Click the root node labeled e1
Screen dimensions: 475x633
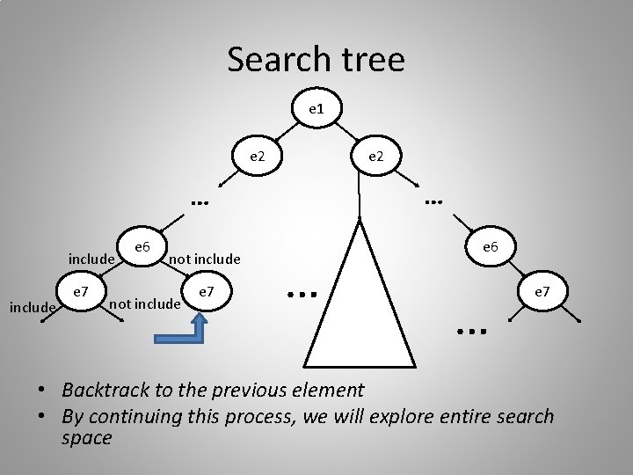[316, 110]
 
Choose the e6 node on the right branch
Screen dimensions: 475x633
[491, 248]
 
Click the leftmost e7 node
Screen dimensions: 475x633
[80, 289]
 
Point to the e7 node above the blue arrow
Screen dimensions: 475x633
[206, 290]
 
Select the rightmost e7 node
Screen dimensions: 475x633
[538, 290]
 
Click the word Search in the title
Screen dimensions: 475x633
[274, 60]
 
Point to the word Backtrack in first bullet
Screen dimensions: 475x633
[105, 390]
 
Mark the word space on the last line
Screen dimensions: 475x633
[87, 437]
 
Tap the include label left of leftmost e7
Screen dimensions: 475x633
[32, 307]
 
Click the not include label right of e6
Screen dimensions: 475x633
[204, 259]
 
